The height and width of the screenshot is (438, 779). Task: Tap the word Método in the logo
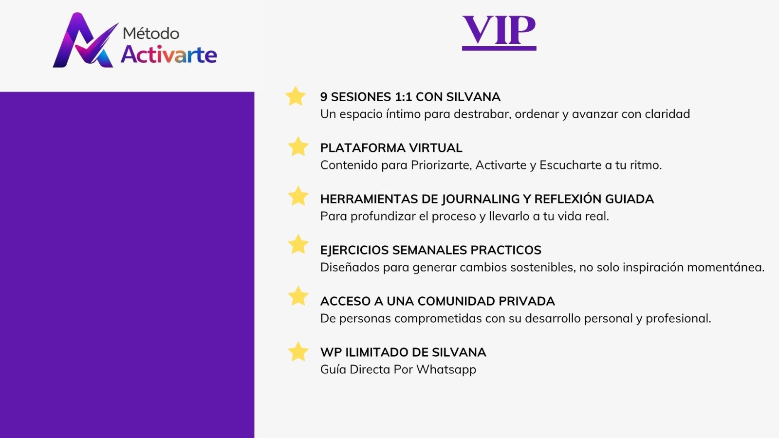pyautogui.click(x=151, y=34)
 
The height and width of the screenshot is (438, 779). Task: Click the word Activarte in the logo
pyautogui.click(x=169, y=55)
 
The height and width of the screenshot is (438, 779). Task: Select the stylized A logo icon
pyautogui.click(x=85, y=40)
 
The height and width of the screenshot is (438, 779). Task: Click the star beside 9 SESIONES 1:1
pyautogui.click(x=296, y=96)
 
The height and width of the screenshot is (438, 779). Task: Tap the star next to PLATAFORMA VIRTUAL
pyautogui.click(x=298, y=146)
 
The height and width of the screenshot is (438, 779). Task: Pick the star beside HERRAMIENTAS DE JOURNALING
pyautogui.click(x=298, y=196)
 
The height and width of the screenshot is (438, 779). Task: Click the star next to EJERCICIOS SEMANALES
pyautogui.click(x=298, y=244)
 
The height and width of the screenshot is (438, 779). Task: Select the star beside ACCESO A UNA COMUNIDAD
pyautogui.click(x=298, y=296)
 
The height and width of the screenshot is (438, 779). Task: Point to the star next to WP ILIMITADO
pyautogui.click(x=298, y=351)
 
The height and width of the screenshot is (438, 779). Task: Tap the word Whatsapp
pyautogui.click(x=446, y=369)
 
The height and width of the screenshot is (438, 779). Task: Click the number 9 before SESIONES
pyautogui.click(x=324, y=97)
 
